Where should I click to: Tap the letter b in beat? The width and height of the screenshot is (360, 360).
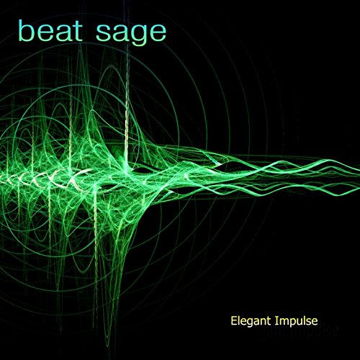click(x=27, y=30)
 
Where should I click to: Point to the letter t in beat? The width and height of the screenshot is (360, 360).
click(x=81, y=31)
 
